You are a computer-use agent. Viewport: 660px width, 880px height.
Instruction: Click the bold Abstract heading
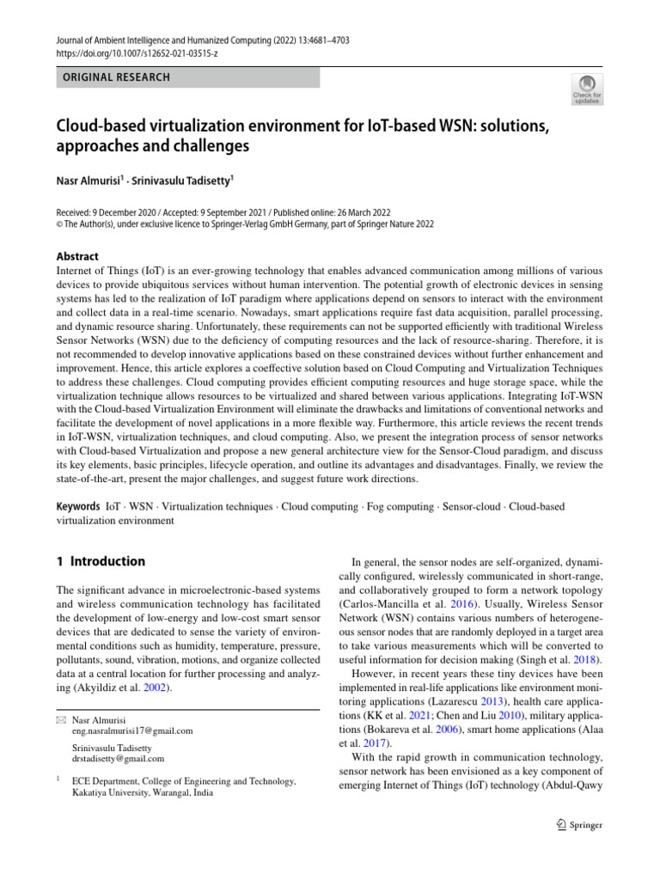click(77, 256)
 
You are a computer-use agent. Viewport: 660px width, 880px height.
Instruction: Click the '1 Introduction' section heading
click(101, 561)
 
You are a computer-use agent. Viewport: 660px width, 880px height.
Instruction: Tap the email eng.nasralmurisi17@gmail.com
click(132, 731)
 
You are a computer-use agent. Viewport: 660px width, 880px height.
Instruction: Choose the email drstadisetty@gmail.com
click(119, 759)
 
